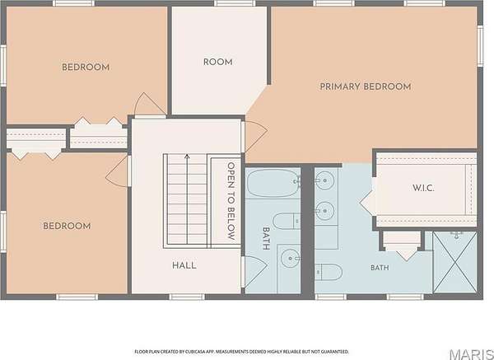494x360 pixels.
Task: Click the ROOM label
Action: click(x=217, y=62)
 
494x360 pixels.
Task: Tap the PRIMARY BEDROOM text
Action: click(x=366, y=86)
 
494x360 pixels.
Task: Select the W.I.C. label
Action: click(x=423, y=188)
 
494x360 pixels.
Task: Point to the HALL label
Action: click(x=184, y=265)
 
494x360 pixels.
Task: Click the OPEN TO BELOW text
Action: click(x=231, y=201)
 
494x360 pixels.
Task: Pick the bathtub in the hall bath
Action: click(x=273, y=183)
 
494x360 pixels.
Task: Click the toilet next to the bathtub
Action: click(x=286, y=221)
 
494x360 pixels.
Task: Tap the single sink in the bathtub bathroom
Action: click(x=290, y=259)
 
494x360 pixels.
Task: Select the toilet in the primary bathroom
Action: click(x=329, y=272)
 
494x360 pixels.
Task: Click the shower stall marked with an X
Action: click(x=454, y=262)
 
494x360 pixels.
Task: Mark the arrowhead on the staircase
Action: click(x=187, y=156)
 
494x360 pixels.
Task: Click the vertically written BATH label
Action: click(x=266, y=239)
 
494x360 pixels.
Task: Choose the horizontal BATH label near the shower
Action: click(x=380, y=268)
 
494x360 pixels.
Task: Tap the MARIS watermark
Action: click(x=472, y=353)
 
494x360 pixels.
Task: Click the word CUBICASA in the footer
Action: click(x=193, y=352)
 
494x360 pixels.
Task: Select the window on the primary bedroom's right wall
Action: click(x=480, y=46)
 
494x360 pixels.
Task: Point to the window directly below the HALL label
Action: click(x=187, y=297)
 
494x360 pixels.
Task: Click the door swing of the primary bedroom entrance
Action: click(x=257, y=135)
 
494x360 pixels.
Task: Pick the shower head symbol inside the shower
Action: click(x=456, y=235)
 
